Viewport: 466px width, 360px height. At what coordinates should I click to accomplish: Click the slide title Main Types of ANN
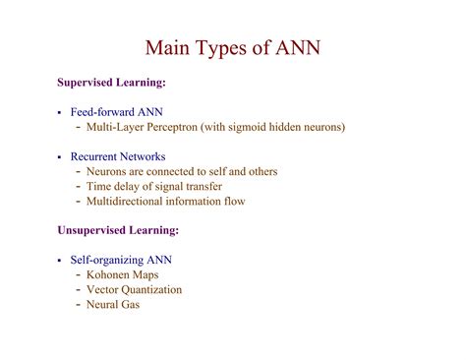[232, 48]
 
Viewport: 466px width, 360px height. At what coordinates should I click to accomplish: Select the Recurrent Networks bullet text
[117, 157]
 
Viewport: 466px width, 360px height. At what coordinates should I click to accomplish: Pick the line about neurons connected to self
[182, 172]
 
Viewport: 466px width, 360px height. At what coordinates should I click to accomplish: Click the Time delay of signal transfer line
[154, 187]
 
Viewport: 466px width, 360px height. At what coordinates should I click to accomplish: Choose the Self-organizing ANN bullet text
[121, 261]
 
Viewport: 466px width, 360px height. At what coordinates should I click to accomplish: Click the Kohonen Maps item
[122, 275]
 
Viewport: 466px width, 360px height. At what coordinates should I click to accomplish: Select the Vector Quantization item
[134, 290]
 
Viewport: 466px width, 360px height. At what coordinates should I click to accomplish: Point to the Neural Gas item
[113, 305]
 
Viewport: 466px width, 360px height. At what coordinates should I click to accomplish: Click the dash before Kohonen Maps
[78, 275]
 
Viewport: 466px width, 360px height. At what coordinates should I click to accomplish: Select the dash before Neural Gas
[78, 305]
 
